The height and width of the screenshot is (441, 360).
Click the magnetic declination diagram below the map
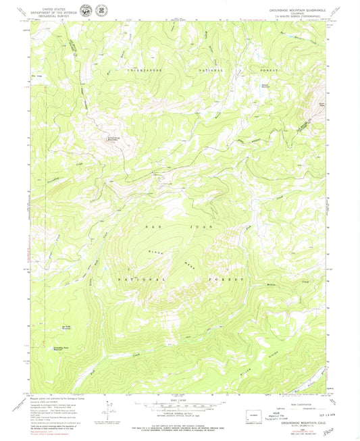(108, 410)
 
